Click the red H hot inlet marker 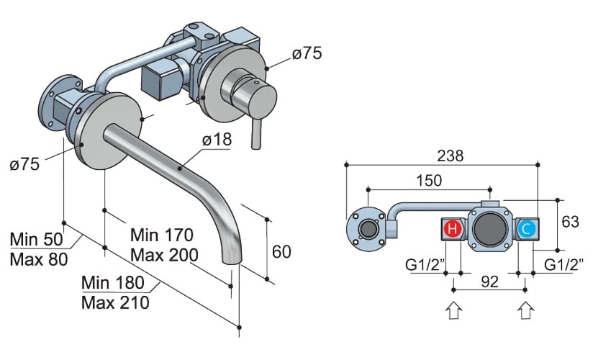tap(452, 230)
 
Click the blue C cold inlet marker tap(526, 230)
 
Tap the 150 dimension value tap(430, 180)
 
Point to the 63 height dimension tap(570, 222)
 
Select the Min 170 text tap(162, 235)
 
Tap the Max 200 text tap(162, 254)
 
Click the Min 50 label tap(37, 239)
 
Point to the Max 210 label tap(115, 302)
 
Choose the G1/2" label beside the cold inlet tap(563, 264)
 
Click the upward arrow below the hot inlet tap(453, 310)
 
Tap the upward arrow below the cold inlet tap(526, 310)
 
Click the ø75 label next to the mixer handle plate tap(307, 53)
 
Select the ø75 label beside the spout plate tap(25, 164)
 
